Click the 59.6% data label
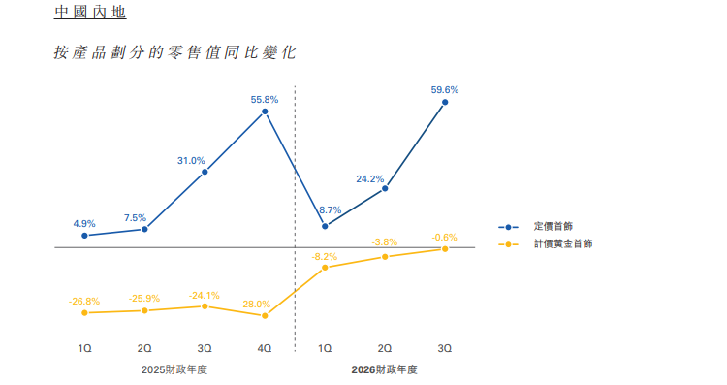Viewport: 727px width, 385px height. pyautogui.click(x=445, y=90)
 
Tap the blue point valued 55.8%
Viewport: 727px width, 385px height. pyautogui.click(x=265, y=112)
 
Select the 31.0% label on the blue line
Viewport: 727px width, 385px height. pyautogui.click(x=191, y=160)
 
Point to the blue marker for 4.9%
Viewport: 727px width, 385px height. pyautogui.click(x=85, y=236)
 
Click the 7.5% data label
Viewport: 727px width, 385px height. pyautogui.click(x=136, y=217)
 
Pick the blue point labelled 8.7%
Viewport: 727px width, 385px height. pyautogui.click(x=325, y=227)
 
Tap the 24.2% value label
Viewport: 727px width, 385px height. pyautogui.click(x=370, y=178)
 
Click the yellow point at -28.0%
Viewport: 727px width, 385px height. pyautogui.click(x=265, y=315)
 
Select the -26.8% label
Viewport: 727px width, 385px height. pyautogui.click(x=84, y=302)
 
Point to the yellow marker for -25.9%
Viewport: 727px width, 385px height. pyautogui.click(x=145, y=310)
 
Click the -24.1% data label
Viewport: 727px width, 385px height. pyautogui.click(x=205, y=295)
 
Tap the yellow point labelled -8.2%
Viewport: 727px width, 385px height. pyautogui.click(x=325, y=267)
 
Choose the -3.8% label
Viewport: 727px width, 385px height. pyautogui.click(x=385, y=241)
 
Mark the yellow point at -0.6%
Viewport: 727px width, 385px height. pyautogui.click(x=445, y=249)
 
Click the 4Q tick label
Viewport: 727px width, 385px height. pyautogui.click(x=265, y=346)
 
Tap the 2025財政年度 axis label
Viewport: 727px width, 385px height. pyautogui.click(x=174, y=369)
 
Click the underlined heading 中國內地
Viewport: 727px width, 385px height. pyautogui.click(x=89, y=15)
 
